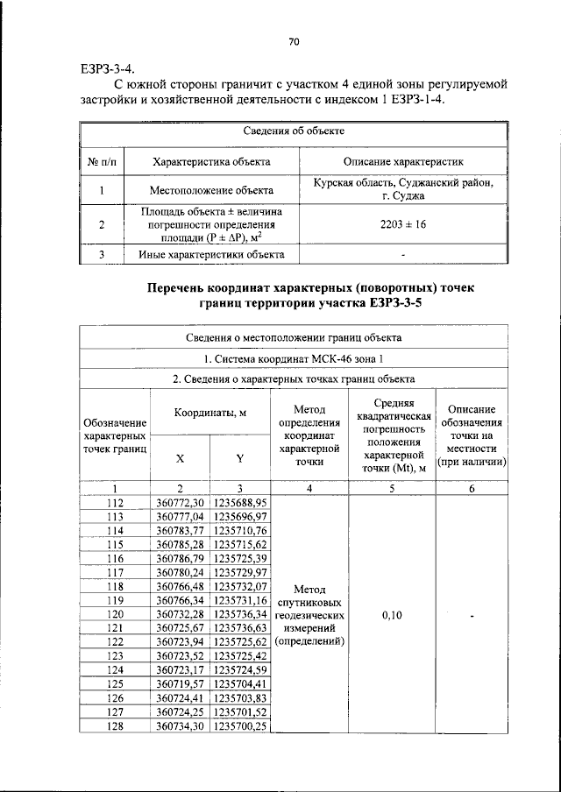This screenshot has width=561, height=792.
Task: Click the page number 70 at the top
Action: tap(294, 41)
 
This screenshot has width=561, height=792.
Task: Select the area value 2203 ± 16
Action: tap(402, 225)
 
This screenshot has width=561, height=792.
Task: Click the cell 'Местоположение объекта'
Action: tap(210, 189)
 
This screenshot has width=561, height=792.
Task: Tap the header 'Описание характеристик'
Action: tap(402, 161)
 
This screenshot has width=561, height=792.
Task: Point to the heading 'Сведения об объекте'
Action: tap(293, 131)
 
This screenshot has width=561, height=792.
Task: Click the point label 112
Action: tap(115, 503)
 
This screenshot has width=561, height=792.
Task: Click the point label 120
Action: tap(115, 615)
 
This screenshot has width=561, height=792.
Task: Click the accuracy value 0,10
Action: tap(392, 615)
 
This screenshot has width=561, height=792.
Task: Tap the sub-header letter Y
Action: tap(239, 458)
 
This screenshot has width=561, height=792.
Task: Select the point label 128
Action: tap(115, 726)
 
